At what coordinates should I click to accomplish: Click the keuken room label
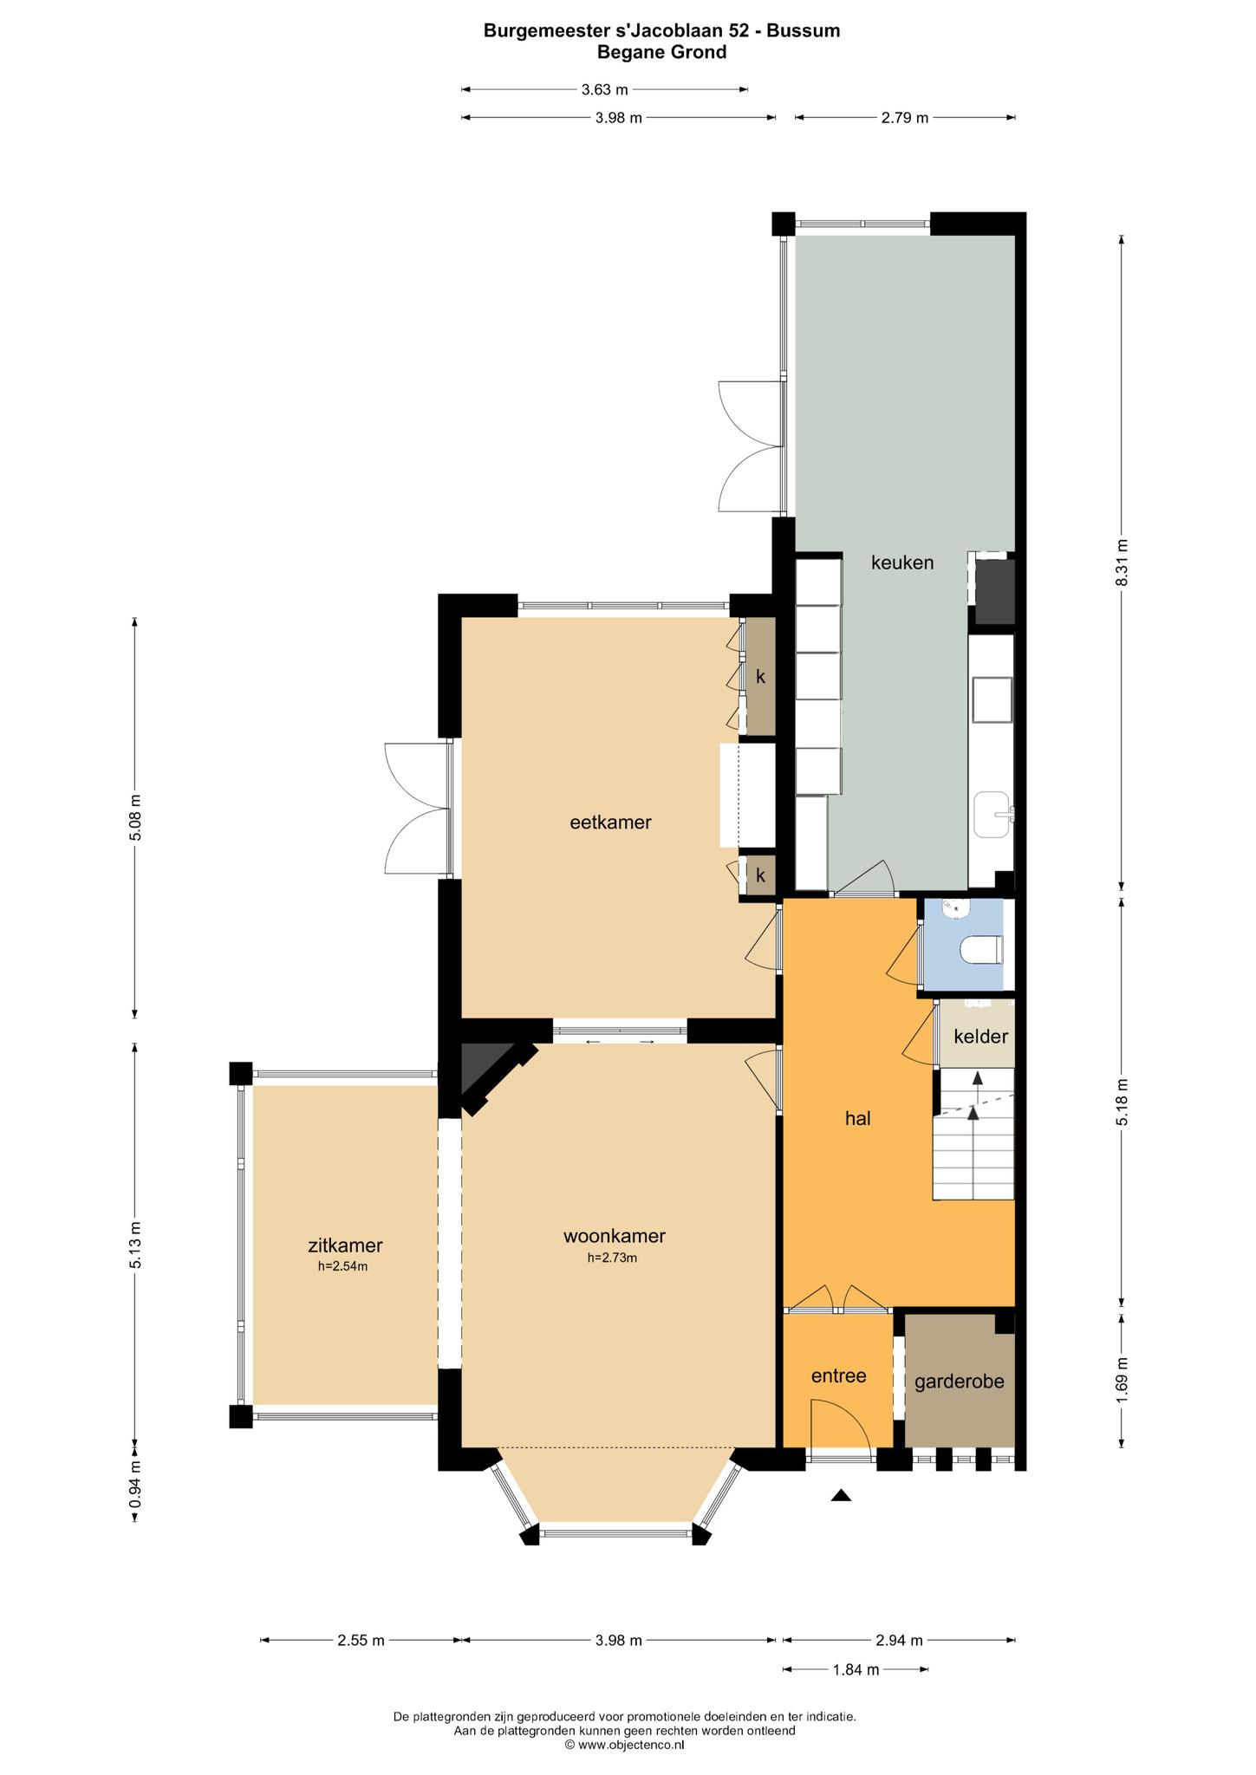click(x=902, y=562)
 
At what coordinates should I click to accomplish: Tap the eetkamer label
click(x=610, y=822)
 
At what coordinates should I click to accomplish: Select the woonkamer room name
click(x=614, y=1236)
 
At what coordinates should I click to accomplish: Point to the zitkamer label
click(x=345, y=1245)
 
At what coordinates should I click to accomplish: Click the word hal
click(x=858, y=1118)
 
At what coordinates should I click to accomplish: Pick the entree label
click(x=838, y=1375)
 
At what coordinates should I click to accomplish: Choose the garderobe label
click(x=960, y=1381)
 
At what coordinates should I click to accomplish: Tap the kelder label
click(x=981, y=1036)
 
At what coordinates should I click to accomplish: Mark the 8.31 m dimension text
click(x=1122, y=562)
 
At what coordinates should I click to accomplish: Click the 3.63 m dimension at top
click(x=604, y=89)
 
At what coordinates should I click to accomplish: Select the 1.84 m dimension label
click(x=856, y=1669)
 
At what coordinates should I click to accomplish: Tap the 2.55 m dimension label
click(x=360, y=1640)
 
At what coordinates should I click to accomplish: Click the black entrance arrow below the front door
click(x=841, y=1494)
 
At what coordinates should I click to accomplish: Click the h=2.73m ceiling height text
click(x=613, y=1258)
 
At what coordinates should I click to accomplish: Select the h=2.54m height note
click(x=342, y=1266)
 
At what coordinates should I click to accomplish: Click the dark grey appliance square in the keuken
click(x=994, y=591)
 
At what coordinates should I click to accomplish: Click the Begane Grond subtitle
click(x=661, y=52)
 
